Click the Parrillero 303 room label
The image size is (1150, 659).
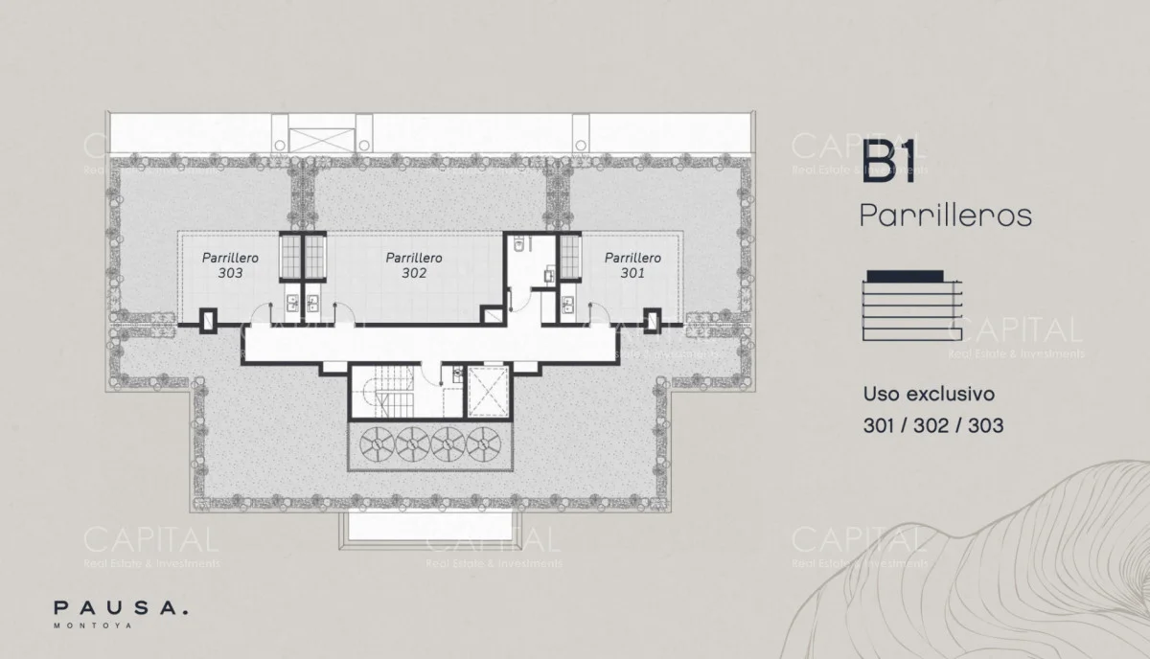coord(230,264)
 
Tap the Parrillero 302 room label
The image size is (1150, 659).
coord(414,264)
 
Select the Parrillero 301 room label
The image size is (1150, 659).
coord(632,264)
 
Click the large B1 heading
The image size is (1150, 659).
coord(888,162)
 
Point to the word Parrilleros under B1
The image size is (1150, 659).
coord(946,216)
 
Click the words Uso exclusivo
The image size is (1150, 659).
coord(930,395)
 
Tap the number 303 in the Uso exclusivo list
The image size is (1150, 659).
coord(986,425)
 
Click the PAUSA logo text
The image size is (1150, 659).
coord(121,608)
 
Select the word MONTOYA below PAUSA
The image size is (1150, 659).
coord(93,625)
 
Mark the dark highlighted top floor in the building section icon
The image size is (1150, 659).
coord(905,276)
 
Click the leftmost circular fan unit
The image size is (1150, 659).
coord(378,443)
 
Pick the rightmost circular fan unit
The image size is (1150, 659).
coord(484,443)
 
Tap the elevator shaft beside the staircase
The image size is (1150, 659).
coord(487,392)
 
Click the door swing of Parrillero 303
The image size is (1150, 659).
coord(261,314)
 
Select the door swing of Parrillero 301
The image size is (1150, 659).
coord(600,314)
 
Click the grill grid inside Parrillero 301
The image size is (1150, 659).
coord(569,257)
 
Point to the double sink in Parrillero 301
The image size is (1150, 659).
coord(567,305)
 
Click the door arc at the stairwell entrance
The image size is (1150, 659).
coord(431,371)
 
